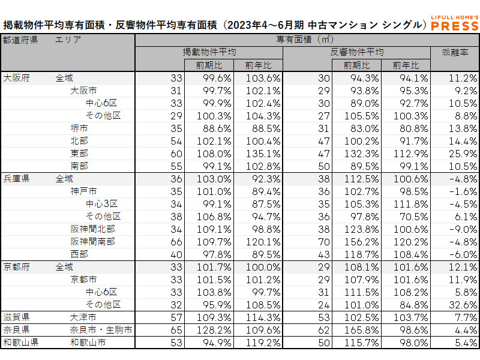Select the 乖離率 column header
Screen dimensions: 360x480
click(x=454, y=52)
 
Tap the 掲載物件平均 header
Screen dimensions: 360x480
click(x=209, y=52)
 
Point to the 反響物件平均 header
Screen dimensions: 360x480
click(x=357, y=52)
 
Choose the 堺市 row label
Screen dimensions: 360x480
click(x=79, y=128)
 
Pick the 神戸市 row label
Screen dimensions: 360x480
click(x=83, y=191)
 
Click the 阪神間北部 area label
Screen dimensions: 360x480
click(x=93, y=229)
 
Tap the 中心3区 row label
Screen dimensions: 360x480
click(x=103, y=203)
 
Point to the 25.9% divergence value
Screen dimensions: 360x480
click(x=456, y=154)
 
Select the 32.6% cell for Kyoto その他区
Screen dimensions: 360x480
click(x=456, y=304)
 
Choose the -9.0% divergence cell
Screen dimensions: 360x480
click(x=456, y=229)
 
